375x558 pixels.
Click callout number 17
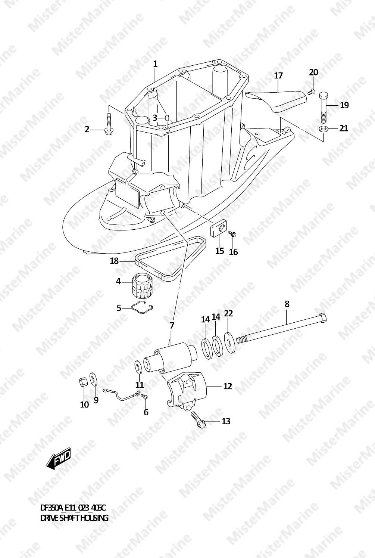pyautogui.click(x=278, y=75)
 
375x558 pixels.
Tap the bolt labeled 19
pyautogui.click(x=323, y=107)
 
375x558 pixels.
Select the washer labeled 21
pyautogui.click(x=323, y=129)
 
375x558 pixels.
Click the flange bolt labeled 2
pyautogui.click(x=109, y=124)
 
